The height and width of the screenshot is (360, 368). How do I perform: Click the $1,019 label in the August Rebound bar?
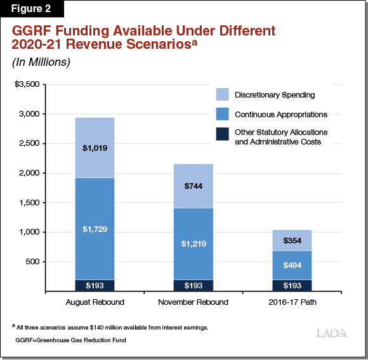(95, 148)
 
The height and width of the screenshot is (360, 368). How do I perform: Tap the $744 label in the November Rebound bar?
(194, 186)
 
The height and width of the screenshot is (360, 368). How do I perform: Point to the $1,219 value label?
(194, 243)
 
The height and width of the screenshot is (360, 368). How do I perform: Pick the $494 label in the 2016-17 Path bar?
(292, 265)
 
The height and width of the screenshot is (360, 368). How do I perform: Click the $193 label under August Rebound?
(95, 286)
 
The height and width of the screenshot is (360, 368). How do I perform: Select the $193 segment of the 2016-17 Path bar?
(292, 286)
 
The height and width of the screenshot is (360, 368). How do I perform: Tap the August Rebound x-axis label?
(95, 302)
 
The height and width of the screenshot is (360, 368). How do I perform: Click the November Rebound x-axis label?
(194, 302)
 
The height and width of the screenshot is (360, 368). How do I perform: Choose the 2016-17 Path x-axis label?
(292, 302)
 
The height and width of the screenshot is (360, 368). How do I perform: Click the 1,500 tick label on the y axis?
(30, 203)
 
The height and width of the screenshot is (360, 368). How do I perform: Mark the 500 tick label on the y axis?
(32, 262)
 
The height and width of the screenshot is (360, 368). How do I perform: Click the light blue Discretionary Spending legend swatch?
(223, 95)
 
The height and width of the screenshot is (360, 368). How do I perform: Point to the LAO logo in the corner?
(331, 333)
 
